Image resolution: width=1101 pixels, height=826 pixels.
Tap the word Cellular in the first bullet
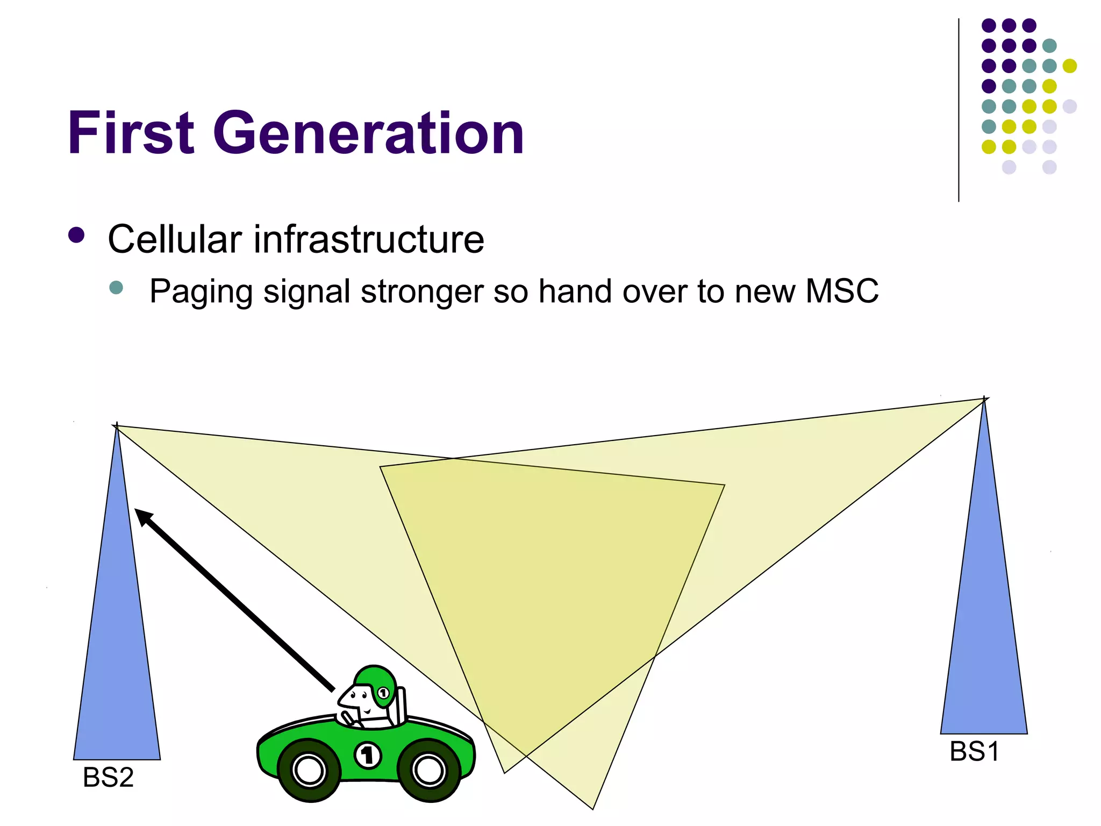pos(175,239)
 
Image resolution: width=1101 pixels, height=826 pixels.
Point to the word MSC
pos(842,291)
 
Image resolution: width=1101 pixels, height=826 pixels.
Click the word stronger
pos(423,292)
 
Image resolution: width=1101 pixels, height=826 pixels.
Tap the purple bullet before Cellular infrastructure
pos(77,235)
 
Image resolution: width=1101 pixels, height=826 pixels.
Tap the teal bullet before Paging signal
pos(116,287)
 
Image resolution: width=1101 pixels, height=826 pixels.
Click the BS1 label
pos(974,752)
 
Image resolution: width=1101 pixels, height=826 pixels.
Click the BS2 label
pos(108,778)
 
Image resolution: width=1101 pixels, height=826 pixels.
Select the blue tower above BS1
pos(984,618)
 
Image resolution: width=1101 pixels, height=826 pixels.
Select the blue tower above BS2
pos(117,645)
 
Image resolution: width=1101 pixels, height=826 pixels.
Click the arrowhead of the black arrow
pos(143,517)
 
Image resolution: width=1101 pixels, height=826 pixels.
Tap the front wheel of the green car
pos(310,770)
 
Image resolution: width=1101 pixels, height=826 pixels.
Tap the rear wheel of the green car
pos(429,770)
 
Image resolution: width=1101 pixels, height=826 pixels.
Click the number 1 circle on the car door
pos(368,756)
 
